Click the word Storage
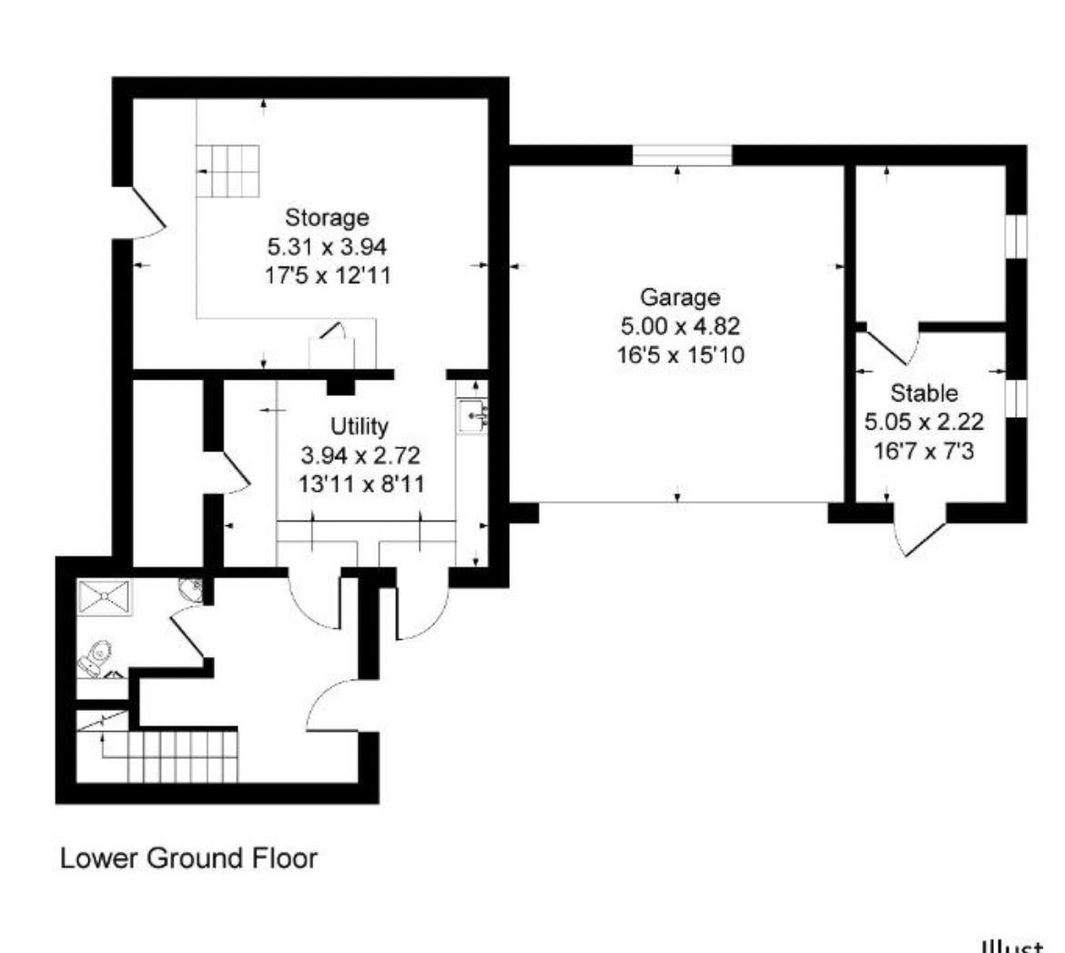(x=327, y=218)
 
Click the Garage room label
(x=680, y=297)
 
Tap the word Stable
(x=923, y=394)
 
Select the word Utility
(x=359, y=426)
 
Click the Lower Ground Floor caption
(x=188, y=857)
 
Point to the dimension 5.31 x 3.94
(x=327, y=247)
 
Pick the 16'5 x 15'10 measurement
(x=680, y=355)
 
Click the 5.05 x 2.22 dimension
(x=923, y=422)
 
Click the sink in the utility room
(x=472, y=417)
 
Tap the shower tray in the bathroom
(x=106, y=597)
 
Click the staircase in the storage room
(x=228, y=171)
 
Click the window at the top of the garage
(x=682, y=156)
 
